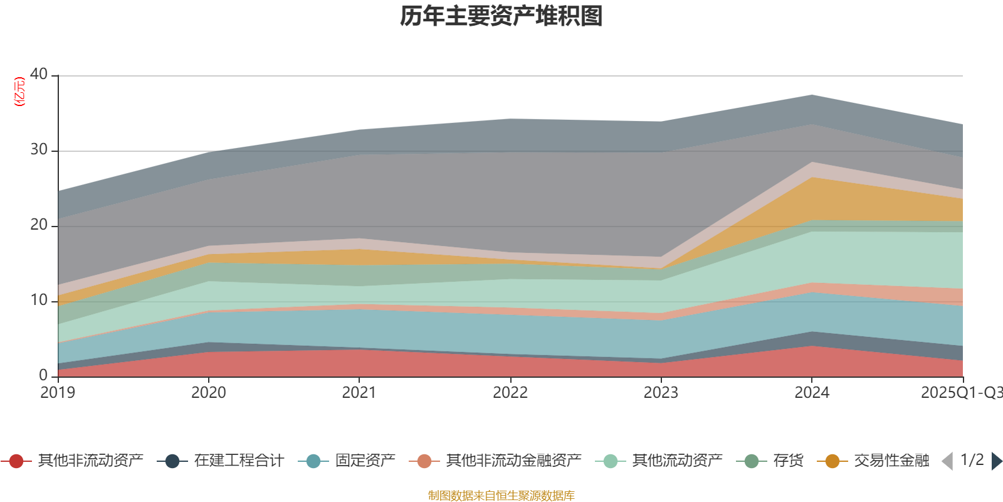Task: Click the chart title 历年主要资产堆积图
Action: pyautogui.click(x=501, y=16)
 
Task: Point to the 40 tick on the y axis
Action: pyautogui.click(x=39, y=74)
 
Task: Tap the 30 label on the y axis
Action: pyautogui.click(x=39, y=149)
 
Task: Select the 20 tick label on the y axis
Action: pyautogui.click(x=39, y=225)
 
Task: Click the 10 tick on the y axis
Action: pyautogui.click(x=39, y=300)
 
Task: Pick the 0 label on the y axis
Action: pyautogui.click(x=43, y=375)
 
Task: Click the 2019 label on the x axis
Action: pyautogui.click(x=58, y=393)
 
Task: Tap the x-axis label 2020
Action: pyautogui.click(x=208, y=393)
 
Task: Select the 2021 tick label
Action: pyautogui.click(x=359, y=393)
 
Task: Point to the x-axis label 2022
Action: pyautogui.click(x=510, y=393)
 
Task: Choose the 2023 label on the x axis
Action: pyautogui.click(x=661, y=393)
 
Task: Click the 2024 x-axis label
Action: pyautogui.click(x=812, y=393)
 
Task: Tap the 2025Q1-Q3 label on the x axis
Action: pyautogui.click(x=961, y=393)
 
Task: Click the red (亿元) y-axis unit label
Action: pyautogui.click(x=19, y=92)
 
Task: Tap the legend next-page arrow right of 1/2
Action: pyautogui.click(x=996, y=461)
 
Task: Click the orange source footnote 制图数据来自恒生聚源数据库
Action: pyautogui.click(x=501, y=496)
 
